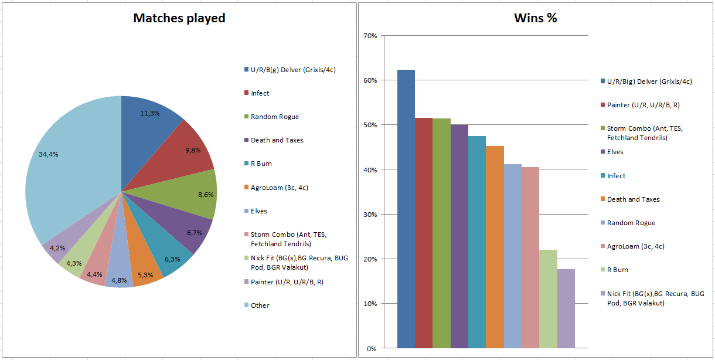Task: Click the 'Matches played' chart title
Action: pyautogui.click(x=179, y=18)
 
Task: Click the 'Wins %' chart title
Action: pyautogui.click(x=535, y=18)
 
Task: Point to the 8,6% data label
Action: pyautogui.click(x=206, y=195)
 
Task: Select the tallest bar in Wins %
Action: pyautogui.click(x=406, y=211)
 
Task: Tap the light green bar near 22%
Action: pyautogui.click(x=548, y=299)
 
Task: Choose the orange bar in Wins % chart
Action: pyautogui.click(x=495, y=246)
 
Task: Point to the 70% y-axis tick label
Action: pyautogui.click(x=370, y=36)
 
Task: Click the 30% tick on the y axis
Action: pyautogui.click(x=370, y=215)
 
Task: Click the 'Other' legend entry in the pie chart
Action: pyautogui.click(x=260, y=305)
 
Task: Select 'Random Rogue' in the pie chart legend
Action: pyautogui.click(x=274, y=117)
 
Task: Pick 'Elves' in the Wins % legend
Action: pyautogui.click(x=615, y=152)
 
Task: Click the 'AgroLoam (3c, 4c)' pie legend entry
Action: pyautogui.click(x=279, y=188)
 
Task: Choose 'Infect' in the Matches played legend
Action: pyautogui.click(x=260, y=93)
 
